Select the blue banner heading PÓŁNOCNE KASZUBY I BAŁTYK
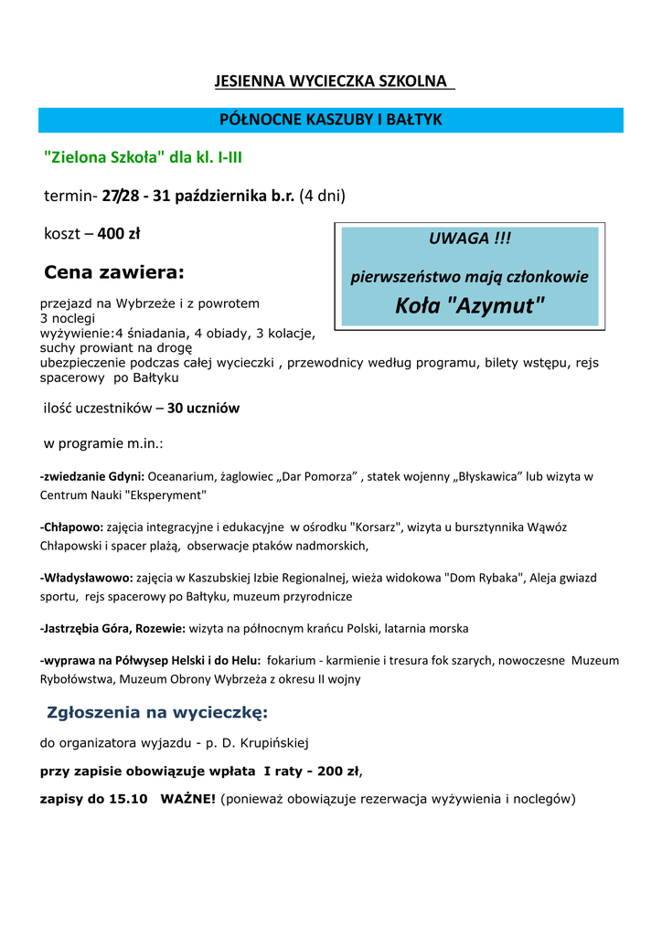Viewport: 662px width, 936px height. pyautogui.click(x=331, y=120)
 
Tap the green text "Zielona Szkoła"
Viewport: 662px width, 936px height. pyautogui.click(x=105, y=157)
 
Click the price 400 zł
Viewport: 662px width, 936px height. pyautogui.click(x=118, y=234)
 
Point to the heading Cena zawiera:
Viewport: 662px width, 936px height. pyautogui.click(x=114, y=271)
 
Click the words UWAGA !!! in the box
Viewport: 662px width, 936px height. pyautogui.click(x=470, y=239)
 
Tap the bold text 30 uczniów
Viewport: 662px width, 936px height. pyautogui.click(x=203, y=409)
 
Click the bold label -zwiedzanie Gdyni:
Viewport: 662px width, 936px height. pyautogui.click(x=91, y=476)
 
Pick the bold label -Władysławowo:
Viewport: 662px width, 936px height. pyautogui.click(x=87, y=578)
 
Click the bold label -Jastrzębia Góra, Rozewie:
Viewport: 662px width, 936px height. pyautogui.click(x=112, y=629)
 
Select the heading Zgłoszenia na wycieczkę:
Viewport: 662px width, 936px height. pyautogui.click(x=157, y=713)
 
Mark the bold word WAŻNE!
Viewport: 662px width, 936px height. pyautogui.click(x=188, y=799)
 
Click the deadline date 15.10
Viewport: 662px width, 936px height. pyautogui.click(x=128, y=799)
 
